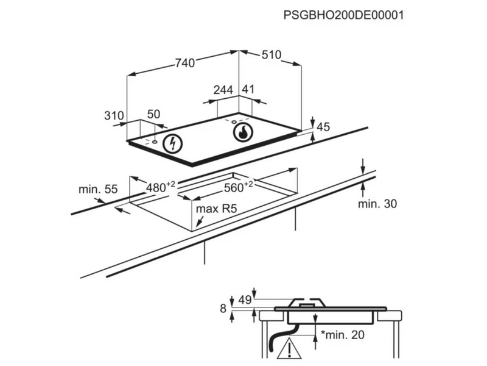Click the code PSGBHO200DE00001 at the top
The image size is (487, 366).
344,15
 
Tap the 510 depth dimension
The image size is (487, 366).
272,56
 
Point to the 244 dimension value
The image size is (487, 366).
223,90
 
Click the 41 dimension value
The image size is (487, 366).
248,90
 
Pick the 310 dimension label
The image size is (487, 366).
114,115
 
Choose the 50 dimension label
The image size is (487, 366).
153,115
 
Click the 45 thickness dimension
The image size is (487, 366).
323,127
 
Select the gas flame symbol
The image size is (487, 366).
242,132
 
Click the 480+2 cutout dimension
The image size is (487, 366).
160,187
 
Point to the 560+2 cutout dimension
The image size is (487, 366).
239,186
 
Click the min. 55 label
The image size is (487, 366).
97,189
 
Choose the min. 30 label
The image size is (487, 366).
377,204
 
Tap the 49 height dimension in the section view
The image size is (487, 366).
245,300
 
